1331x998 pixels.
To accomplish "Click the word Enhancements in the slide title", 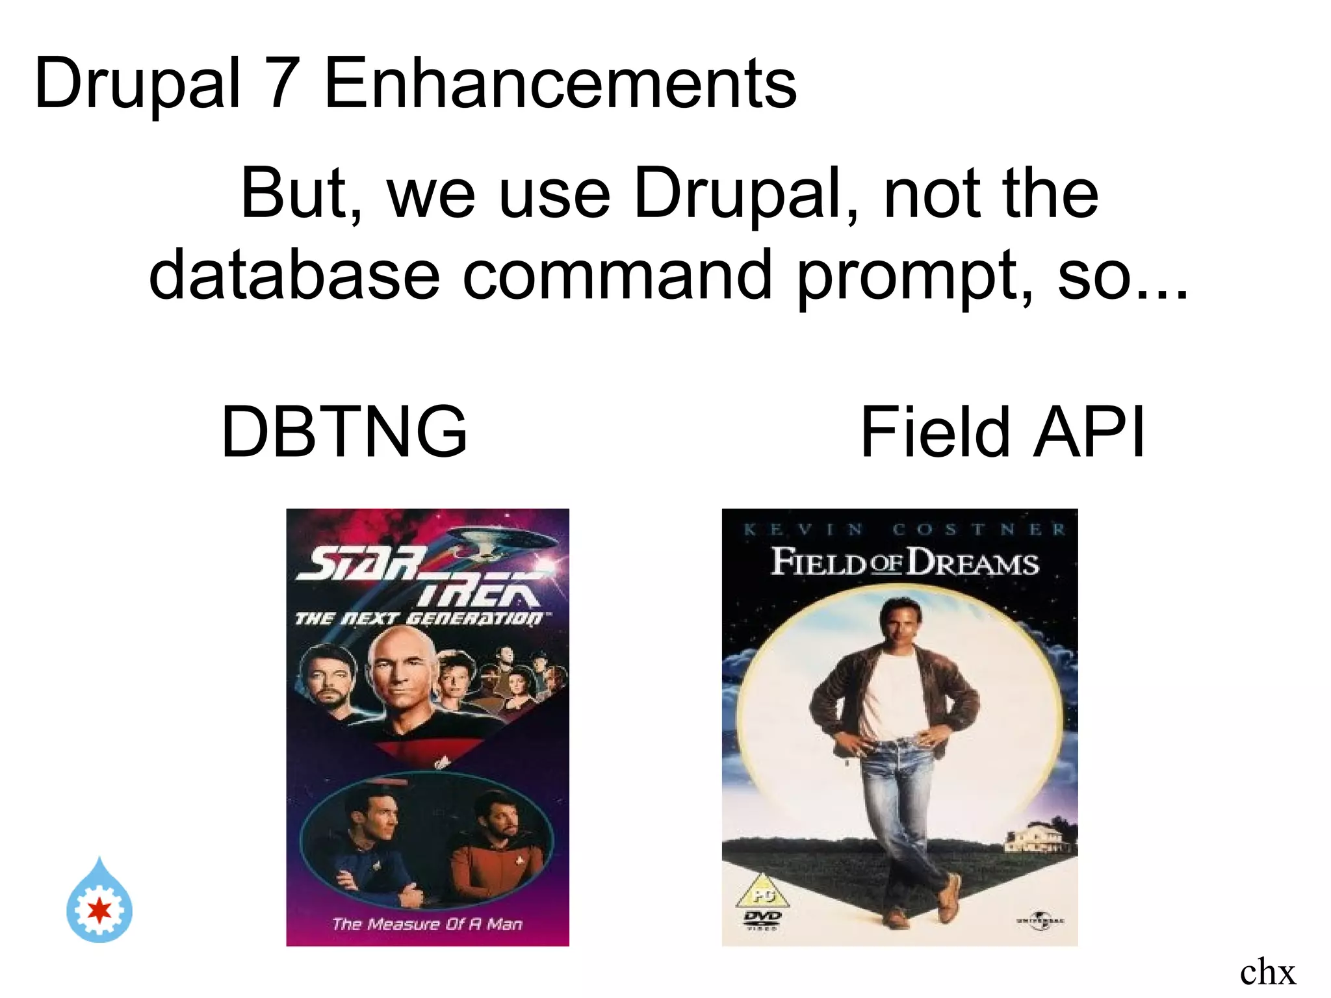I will (x=560, y=83).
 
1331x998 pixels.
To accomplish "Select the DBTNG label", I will (x=344, y=431).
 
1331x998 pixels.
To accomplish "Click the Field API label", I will (x=1001, y=431).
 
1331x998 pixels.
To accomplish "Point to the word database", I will (x=294, y=275).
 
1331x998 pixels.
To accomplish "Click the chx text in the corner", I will (x=1267, y=972).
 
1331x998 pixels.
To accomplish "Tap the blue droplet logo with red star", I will (x=99, y=903).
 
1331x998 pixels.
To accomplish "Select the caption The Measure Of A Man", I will (x=427, y=923).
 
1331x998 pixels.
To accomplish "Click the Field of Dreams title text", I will (x=904, y=563).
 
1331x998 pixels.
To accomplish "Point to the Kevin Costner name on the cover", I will (x=904, y=530).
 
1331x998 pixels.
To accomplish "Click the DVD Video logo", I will (x=762, y=919).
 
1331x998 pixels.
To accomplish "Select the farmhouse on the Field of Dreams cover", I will (x=1038, y=838).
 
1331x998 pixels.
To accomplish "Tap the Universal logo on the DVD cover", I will (x=1040, y=921).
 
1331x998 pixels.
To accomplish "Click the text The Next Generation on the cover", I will (x=419, y=618).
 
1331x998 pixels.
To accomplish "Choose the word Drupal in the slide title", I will (x=137, y=83).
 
